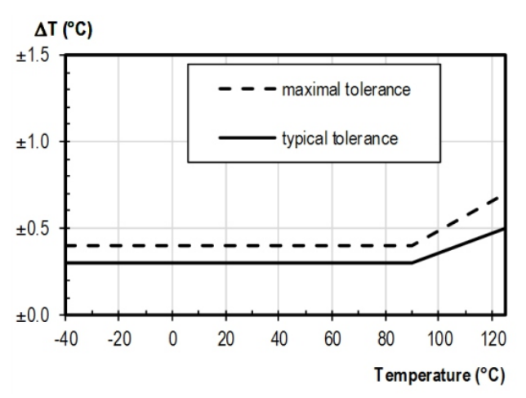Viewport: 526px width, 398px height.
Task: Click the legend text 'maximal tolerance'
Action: (x=345, y=89)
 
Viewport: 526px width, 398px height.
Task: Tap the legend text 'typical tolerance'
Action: (x=340, y=138)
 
